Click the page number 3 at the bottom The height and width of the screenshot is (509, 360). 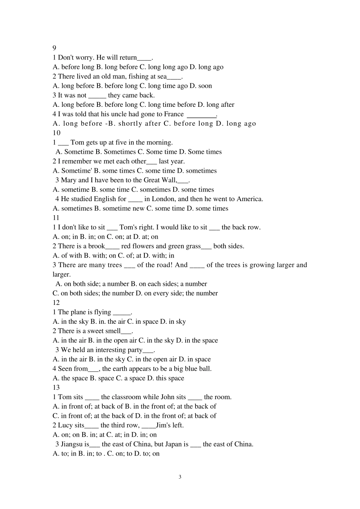click(x=180, y=477)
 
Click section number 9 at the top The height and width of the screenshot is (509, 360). click(x=54, y=48)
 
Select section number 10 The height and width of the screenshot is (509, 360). click(x=56, y=133)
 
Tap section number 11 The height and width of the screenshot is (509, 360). click(x=56, y=217)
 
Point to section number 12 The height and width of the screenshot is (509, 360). click(x=56, y=302)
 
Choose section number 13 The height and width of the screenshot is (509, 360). click(x=56, y=387)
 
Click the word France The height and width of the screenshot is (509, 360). click(x=174, y=114)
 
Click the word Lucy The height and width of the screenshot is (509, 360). click(x=66, y=425)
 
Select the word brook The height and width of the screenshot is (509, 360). click(x=96, y=246)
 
